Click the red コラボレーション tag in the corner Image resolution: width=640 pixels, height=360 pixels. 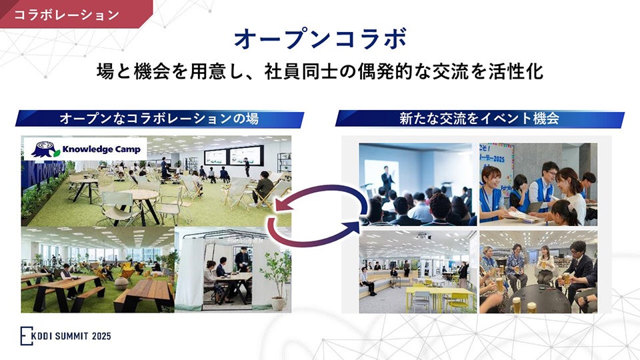[67, 13]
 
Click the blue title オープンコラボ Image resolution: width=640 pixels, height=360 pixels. [320, 39]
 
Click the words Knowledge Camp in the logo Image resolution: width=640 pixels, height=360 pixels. [101, 149]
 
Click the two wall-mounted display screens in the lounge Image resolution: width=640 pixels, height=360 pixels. [233, 156]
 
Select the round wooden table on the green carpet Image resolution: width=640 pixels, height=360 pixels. [140, 195]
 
